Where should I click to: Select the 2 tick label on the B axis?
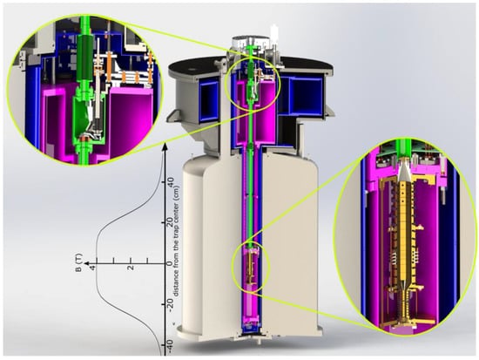click(131, 268)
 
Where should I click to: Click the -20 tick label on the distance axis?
click(171, 303)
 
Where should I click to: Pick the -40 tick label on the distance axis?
click(171, 347)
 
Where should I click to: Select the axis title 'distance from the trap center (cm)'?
click(176, 241)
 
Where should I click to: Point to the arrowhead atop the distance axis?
click(165, 146)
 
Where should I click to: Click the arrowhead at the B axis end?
click(87, 263)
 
